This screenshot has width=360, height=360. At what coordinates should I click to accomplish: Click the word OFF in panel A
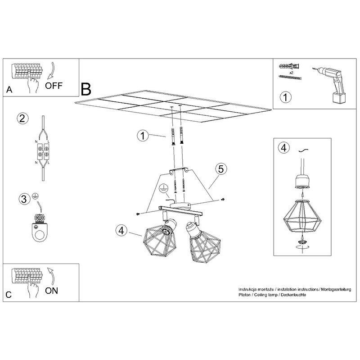[54, 86]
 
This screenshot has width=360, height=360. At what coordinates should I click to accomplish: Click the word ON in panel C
[52, 291]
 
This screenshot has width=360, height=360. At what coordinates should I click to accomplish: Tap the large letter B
[86, 89]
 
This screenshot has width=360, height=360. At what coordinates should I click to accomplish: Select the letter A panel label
[9, 90]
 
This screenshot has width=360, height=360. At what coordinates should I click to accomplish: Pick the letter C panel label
[9, 295]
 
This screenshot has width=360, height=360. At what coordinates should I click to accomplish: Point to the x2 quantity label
[291, 73]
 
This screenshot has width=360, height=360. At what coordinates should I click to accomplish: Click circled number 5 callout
[221, 169]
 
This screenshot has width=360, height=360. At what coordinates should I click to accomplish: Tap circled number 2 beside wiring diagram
[22, 118]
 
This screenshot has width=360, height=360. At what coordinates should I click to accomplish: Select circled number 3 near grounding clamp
[24, 199]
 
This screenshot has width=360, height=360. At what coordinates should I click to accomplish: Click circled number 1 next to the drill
[285, 97]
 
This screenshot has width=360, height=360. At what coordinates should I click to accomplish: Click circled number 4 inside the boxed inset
[284, 148]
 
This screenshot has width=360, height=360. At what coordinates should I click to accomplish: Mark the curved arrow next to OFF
[51, 70]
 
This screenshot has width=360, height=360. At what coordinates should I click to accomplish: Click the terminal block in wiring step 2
[43, 152]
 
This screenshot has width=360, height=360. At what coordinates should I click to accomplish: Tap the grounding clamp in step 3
[40, 228]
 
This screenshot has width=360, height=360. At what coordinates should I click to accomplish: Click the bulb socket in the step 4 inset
[302, 181]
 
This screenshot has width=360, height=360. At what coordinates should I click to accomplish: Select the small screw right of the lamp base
[222, 199]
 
